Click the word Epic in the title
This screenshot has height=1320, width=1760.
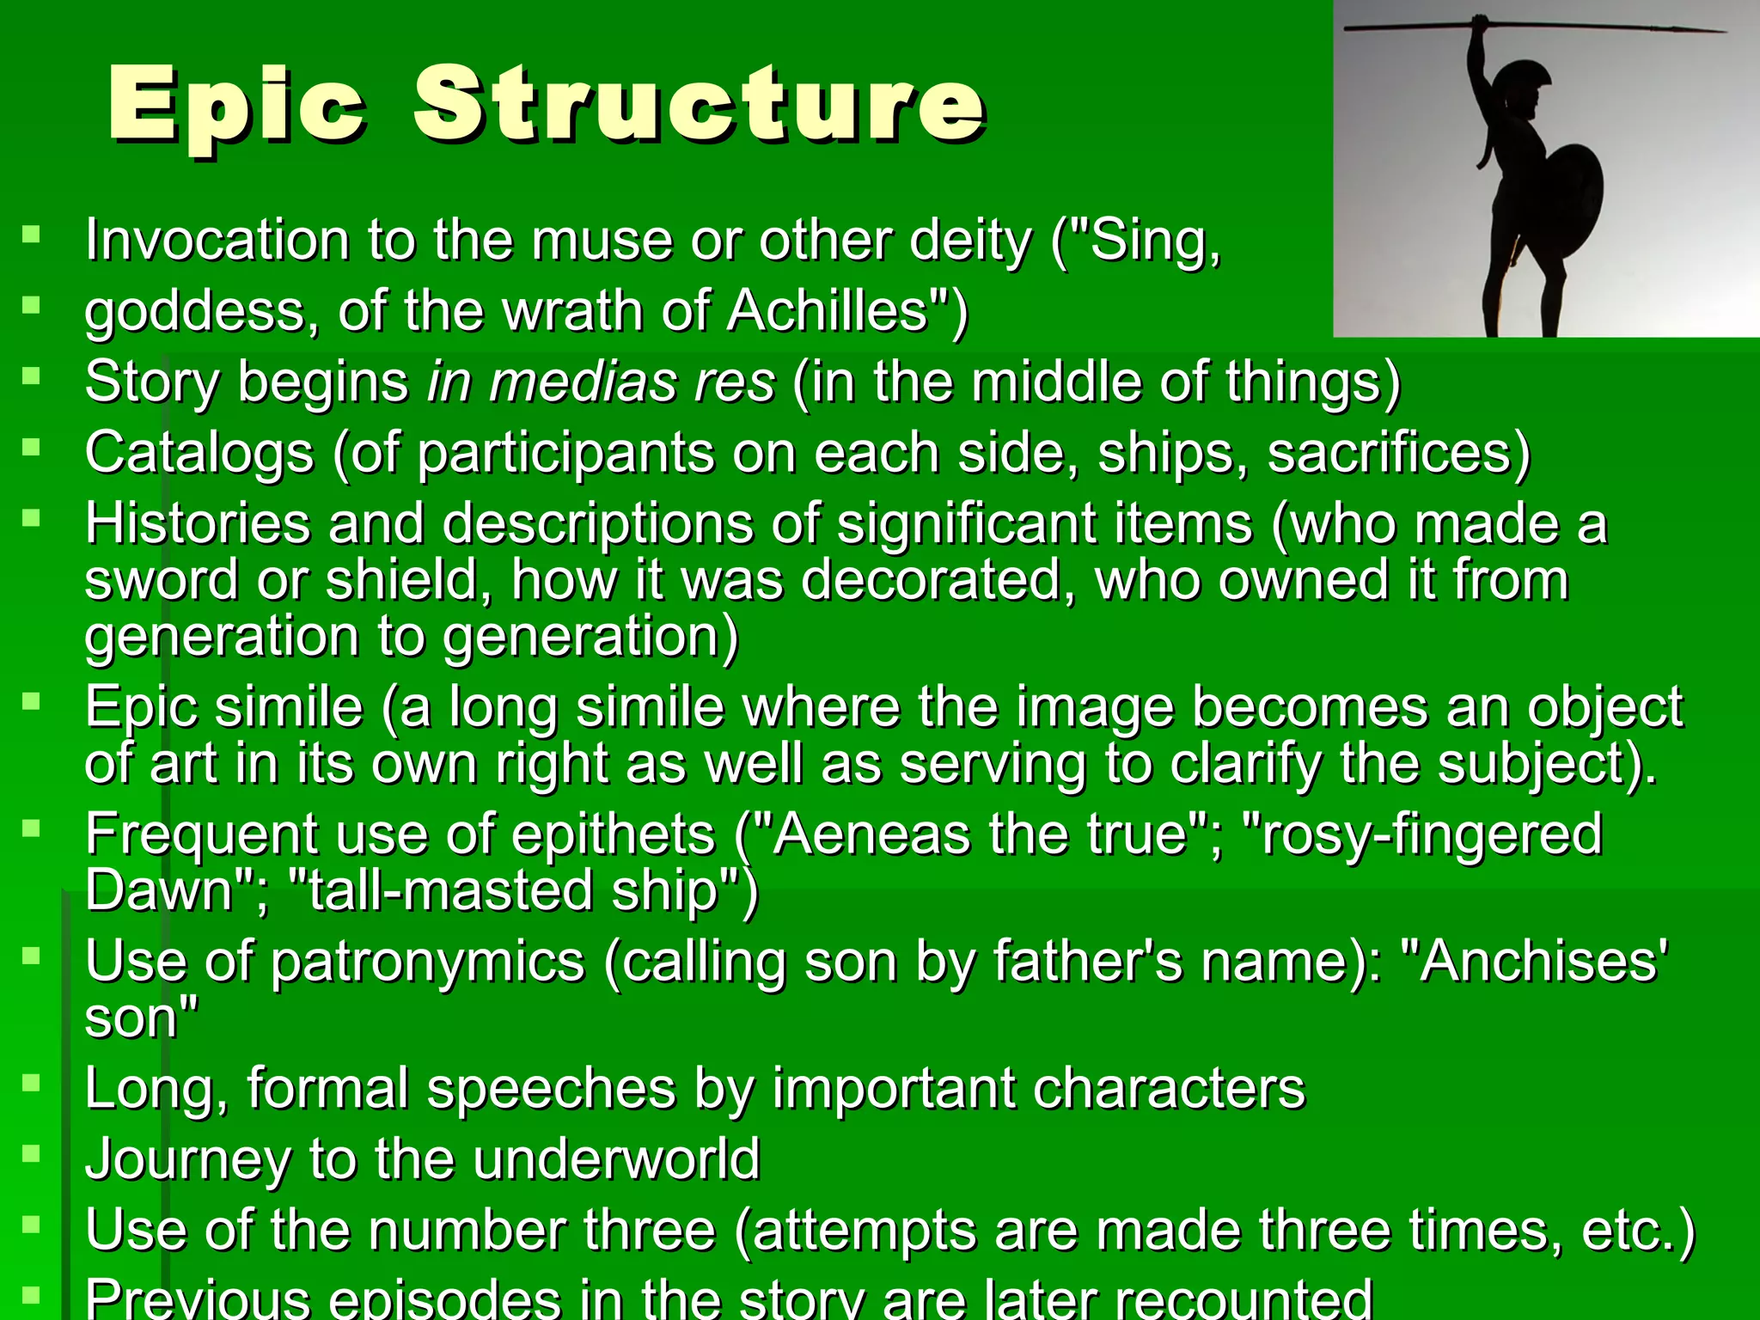[237, 105]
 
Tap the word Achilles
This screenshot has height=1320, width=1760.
[828, 310]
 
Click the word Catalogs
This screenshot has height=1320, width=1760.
[199, 453]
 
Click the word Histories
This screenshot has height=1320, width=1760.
[198, 523]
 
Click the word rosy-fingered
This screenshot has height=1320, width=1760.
[1430, 834]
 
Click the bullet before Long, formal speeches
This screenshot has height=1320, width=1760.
[32, 1083]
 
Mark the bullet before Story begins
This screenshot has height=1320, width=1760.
[32, 376]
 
